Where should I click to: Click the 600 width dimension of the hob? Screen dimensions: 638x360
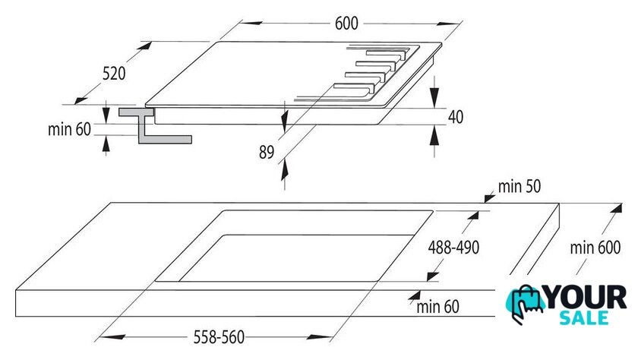click(x=346, y=24)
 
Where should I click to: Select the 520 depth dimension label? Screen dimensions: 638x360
click(x=114, y=74)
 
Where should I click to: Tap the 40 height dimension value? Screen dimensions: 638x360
click(x=455, y=117)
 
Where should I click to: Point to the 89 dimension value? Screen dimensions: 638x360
click(x=267, y=152)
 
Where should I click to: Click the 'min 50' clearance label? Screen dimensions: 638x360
click(x=520, y=186)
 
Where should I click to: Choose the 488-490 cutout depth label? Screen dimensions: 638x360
click(x=453, y=248)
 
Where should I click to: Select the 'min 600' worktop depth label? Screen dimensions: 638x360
click(x=595, y=248)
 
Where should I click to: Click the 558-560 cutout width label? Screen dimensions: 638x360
click(x=219, y=337)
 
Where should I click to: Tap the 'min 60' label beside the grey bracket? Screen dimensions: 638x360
click(x=69, y=129)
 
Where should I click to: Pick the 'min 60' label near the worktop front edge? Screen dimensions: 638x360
click(x=437, y=307)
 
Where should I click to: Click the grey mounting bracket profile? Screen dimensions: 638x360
click(x=155, y=125)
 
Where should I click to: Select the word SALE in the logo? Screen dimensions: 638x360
click(x=584, y=317)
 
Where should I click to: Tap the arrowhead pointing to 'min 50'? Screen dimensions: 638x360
click(x=489, y=198)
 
